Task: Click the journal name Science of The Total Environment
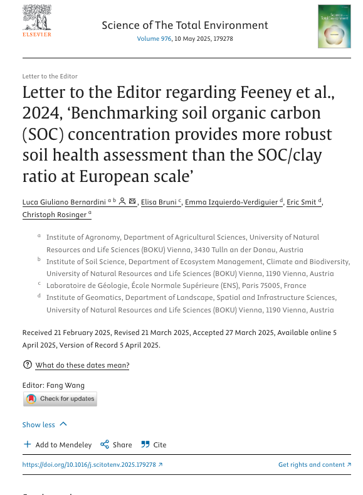pyautogui.click(x=184, y=25)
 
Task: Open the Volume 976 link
pyautogui.click(x=154, y=39)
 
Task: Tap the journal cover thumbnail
pyautogui.click(x=334, y=26)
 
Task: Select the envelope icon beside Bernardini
pyautogui.click(x=132, y=201)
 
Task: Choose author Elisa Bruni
pyautogui.click(x=159, y=201)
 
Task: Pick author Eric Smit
pyautogui.click(x=302, y=201)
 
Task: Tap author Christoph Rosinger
pyautogui.click(x=55, y=215)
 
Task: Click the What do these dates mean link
pyautogui.click(x=82, y=365)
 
